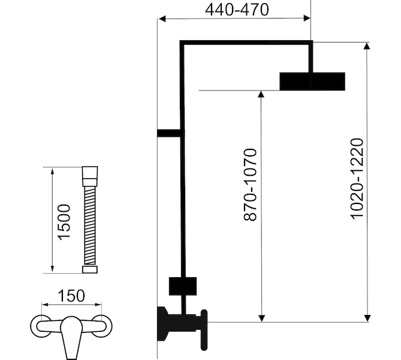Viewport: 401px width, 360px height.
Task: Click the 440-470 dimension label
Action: click(x=237, y=10)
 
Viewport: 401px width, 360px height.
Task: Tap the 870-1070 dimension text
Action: click(x=250, y=185)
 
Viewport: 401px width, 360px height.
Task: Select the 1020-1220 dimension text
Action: click(x=357, y=179)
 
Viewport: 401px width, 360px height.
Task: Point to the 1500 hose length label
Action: click(x=64, y=222)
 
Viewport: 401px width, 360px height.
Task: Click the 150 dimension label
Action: click(x=71, y=296)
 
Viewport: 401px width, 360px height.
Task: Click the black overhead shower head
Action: click(x=312, y=82)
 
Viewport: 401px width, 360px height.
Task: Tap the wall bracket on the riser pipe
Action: click(x=171, y=133)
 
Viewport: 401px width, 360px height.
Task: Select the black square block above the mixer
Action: click(x=183, y=286)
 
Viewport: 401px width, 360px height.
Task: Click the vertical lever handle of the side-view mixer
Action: click(x=204, y=330)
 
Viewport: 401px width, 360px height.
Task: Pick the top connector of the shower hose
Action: click(x=90, y=176)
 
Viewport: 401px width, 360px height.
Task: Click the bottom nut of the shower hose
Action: click(x=90, y=269)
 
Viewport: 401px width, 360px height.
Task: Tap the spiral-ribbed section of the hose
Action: click(x=90, y=226)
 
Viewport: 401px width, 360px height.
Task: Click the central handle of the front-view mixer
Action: click(x=71, y=337)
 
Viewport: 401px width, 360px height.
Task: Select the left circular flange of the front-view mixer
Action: click(x=40, y=326)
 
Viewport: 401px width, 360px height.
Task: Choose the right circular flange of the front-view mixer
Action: click(x=102, y=326)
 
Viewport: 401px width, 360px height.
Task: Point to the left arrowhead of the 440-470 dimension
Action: click(x=162, y=19)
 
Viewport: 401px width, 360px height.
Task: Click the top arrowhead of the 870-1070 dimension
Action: click(x=261, y=94)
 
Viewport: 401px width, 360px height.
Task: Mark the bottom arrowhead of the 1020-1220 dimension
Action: click(x=367, y=318)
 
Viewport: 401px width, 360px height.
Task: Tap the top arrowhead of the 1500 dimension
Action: click(x=52, y=171)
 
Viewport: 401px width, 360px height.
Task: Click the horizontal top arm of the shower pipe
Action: click(x=246, y=43)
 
